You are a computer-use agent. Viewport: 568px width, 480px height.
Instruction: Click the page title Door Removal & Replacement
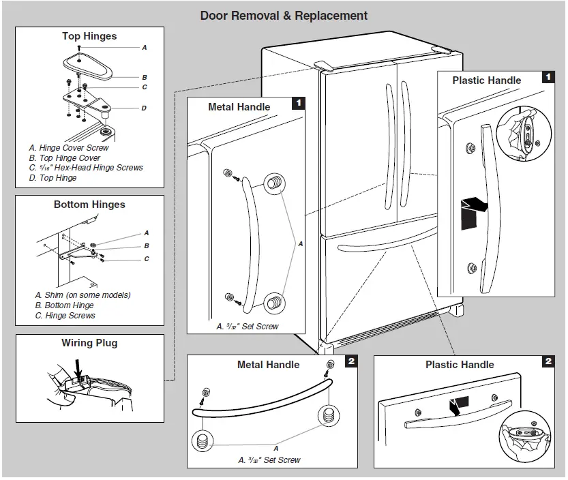[x=284, y=16]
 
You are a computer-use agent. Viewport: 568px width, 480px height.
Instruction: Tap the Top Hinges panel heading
[x=89, y=36]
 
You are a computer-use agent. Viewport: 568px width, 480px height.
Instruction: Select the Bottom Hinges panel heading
[x=89, y=205]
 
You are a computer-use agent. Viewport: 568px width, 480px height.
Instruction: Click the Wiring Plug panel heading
[x=89, y=343]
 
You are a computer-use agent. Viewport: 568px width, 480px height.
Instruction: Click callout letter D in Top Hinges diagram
[x=144, y=108]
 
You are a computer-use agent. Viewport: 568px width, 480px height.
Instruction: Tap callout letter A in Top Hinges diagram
[x=144, y=48]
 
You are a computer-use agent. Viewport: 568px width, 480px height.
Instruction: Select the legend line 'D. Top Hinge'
[x=53, y=178]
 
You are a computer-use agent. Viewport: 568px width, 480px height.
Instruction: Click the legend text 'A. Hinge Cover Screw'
[x=68, y=148]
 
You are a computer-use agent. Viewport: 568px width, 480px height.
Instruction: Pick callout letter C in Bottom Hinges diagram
[x=146, y=259]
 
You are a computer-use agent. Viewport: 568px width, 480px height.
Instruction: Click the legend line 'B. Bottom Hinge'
[x=64, y=305]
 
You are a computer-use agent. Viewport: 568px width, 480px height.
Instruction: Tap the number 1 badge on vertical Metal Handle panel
[x=298, y=104]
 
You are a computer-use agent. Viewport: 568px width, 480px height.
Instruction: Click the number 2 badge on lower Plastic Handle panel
[x=549, y=361]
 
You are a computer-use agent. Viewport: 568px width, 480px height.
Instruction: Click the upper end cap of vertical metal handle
[x=273, y=182]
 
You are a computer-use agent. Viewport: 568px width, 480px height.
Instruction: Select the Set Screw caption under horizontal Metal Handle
[x=269, y=460]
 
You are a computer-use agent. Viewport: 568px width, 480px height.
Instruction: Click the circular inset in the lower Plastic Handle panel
[x=525, y=440]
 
